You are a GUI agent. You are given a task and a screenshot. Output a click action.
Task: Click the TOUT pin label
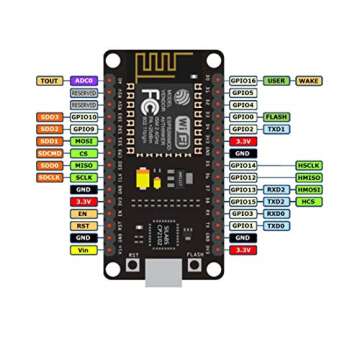[x=50, y=80]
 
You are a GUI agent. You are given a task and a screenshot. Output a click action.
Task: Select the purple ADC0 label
[x=84, y=80]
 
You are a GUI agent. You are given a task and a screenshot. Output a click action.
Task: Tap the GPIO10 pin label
[x=84, y=117]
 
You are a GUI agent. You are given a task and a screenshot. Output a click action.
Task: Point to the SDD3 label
[x=50, y=117]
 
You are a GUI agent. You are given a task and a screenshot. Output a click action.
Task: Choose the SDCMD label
[x=50, y=153]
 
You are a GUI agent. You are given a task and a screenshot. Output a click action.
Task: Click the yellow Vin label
[x=84, y=250]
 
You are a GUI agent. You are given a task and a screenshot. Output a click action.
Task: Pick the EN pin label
[x=84, y=214]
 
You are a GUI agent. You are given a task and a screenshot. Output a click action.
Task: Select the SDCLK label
[x=50, y=177]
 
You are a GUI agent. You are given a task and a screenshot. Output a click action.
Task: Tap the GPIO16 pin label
[x=243, y=80]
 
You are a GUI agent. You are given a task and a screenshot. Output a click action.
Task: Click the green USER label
[x=277, y=80]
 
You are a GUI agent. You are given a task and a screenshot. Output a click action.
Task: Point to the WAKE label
[x=309, y=80]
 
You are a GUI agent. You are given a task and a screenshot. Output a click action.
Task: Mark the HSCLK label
[x=309, y=165]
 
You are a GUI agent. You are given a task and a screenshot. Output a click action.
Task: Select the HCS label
[x=309, y=202]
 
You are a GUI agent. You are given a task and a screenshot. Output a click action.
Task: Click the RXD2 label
[x=277, y=189]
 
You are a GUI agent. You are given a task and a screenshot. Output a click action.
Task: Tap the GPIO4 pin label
[x=243, y=104]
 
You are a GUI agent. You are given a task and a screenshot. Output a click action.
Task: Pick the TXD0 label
[x=277, y=226]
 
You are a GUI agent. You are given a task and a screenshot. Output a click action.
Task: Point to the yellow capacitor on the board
[x=147, y=180]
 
